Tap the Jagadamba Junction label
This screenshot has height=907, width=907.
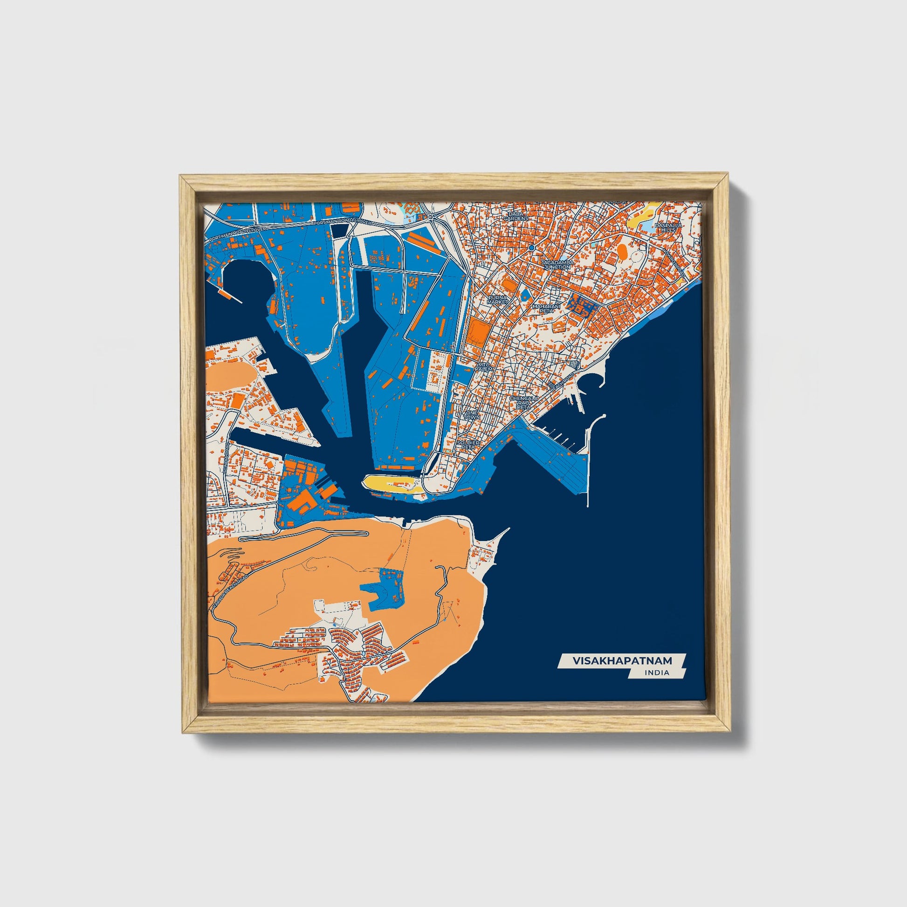pos(557,264)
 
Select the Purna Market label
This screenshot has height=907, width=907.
pos(497,300)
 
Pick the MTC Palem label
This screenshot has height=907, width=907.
pos(484,367)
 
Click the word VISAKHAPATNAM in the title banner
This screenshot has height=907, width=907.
pos(622,660)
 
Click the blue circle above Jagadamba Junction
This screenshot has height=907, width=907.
pos(531,247)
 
